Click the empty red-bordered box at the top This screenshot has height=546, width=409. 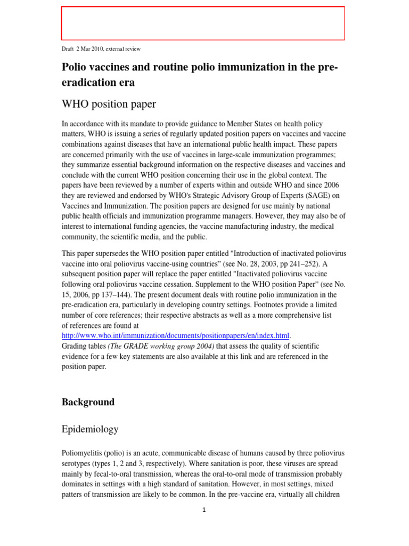tap(203, 23)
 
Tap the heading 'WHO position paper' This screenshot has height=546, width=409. tap(109, 103)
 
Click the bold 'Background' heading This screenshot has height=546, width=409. tap(88, 402)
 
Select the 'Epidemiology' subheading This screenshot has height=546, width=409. tap(90, 429)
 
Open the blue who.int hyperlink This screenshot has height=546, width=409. tap(176, 335)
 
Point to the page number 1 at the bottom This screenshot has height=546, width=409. tap(204, 510)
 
